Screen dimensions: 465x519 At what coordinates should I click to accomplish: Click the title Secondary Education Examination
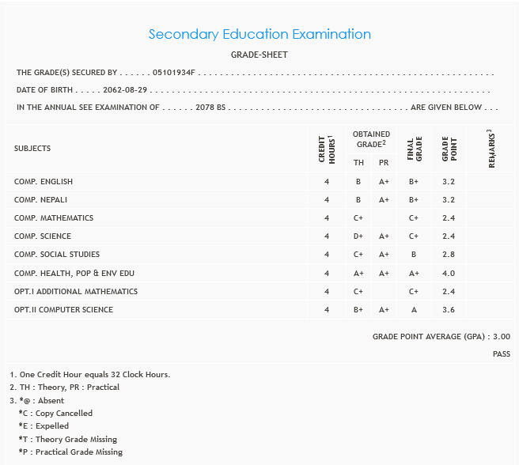pos(259,34)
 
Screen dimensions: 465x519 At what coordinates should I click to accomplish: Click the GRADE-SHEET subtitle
pos(259,55)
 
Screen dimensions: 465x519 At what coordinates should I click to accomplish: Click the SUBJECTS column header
pos(32,149)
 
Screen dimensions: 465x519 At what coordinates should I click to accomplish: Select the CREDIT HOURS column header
pos(326,149)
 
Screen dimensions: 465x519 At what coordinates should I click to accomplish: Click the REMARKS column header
pos(491,148)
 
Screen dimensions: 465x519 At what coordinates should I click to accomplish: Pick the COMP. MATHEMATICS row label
pos(54,218)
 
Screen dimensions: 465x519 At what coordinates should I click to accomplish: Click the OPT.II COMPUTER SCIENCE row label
pos(63,310)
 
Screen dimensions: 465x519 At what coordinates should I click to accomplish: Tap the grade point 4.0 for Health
pos(449,274)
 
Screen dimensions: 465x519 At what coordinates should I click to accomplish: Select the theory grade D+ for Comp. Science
pos(358,236)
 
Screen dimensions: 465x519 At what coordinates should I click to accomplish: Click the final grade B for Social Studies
pos(413,255)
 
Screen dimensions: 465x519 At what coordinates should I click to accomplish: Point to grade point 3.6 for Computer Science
pos(449,310)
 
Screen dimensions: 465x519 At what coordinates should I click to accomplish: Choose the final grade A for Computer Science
pos(413,310)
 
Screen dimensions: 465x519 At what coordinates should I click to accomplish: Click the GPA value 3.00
pos(501,337)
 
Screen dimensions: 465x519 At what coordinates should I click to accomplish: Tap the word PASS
pos(501,354)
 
